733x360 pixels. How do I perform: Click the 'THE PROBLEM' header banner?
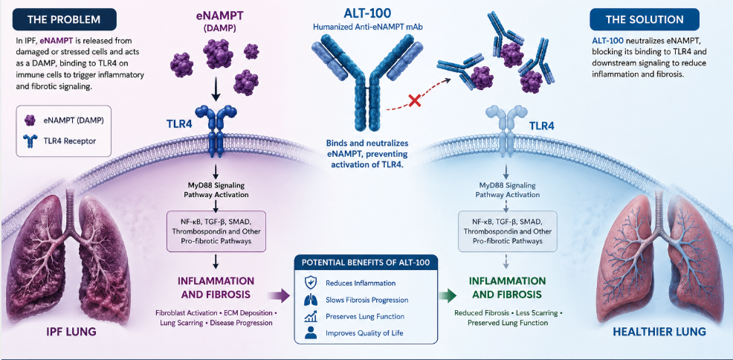(x=64, y=19)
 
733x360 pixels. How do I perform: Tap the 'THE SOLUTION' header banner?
(x=645, y=19)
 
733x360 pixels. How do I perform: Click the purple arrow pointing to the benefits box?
(x=279, y=295)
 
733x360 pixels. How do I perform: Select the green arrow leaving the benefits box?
(x=448, y=295)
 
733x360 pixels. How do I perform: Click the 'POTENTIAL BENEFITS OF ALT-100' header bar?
(x=366, y=262)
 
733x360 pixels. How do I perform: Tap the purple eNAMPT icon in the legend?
(x=30, y=120)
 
